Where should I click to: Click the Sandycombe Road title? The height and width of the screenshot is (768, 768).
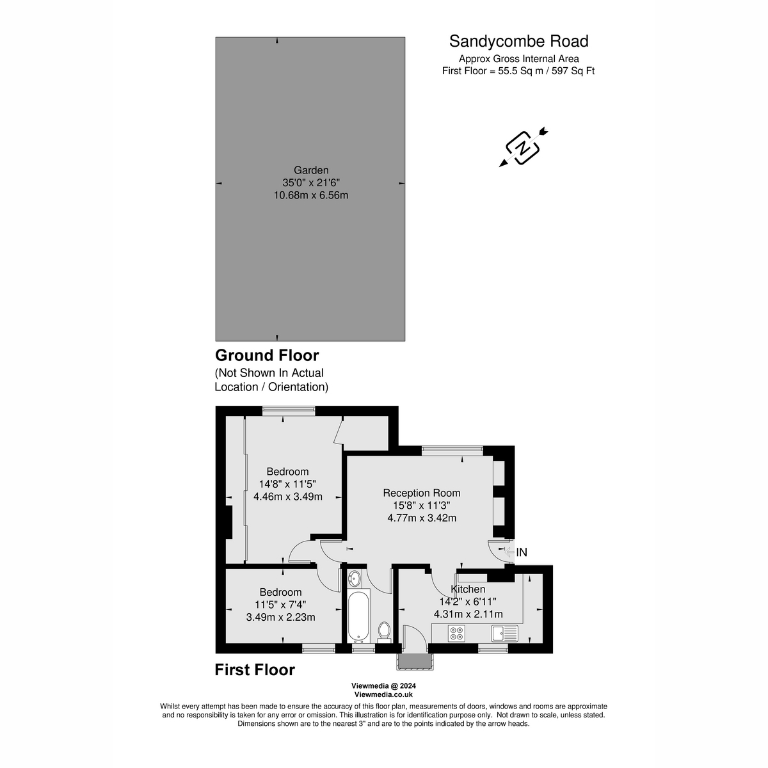(x=518, y=42)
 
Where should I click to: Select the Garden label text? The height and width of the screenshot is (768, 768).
(x=311, y=170)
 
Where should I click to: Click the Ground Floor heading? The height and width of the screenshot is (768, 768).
(x=267, y=355)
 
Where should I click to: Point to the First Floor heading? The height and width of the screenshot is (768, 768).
(x=255, y=670)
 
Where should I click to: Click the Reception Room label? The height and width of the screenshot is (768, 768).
(x=422, y=493)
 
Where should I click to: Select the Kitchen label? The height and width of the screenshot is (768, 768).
(x=468, y=589)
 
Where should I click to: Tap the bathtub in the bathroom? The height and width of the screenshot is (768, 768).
(x=358, y=617)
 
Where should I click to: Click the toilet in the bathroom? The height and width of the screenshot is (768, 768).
(x=384, y=630)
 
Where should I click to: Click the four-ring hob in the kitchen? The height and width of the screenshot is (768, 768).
(x=457, y=634)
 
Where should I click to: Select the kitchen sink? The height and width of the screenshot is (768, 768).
(x=505, y=634)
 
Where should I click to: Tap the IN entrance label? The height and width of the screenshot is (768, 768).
(x=522, y=552)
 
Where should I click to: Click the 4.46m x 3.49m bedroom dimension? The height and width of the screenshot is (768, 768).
(x=288, y=496)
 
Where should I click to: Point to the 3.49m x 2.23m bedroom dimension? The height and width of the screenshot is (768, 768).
(x=280, y=617)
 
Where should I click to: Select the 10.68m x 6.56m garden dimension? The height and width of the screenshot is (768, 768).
(x=311, y=195)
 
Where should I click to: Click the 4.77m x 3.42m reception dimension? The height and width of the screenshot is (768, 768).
(x=422, y=518)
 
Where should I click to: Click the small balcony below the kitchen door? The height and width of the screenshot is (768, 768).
(x=414, y=661)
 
